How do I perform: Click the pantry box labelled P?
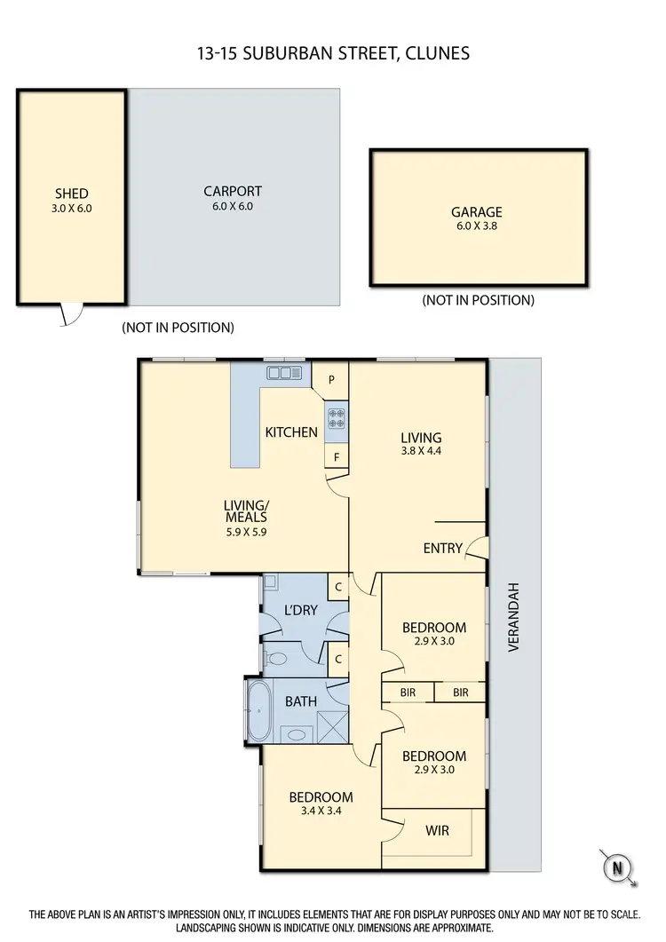pos(331,379)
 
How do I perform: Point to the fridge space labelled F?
pos(337,457)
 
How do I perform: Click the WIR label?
pos(436,832)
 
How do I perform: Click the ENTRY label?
pos(442,548)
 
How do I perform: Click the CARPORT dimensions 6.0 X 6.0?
pos(232,206)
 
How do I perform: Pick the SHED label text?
pos(72,194)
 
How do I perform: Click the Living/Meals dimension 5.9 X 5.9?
pos(245,533)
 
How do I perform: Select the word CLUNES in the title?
pos(435,53)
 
